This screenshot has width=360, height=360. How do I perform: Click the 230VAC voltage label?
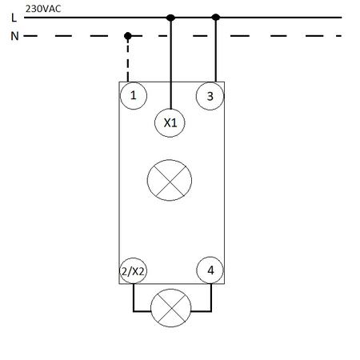43,9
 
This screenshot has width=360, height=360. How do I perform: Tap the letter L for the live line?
14,18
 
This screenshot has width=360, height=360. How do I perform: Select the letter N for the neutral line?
14,36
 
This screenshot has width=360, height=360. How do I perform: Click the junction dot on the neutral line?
128,36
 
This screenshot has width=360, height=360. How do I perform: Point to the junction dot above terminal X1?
170,18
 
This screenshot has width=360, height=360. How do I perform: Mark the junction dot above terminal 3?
216,18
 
